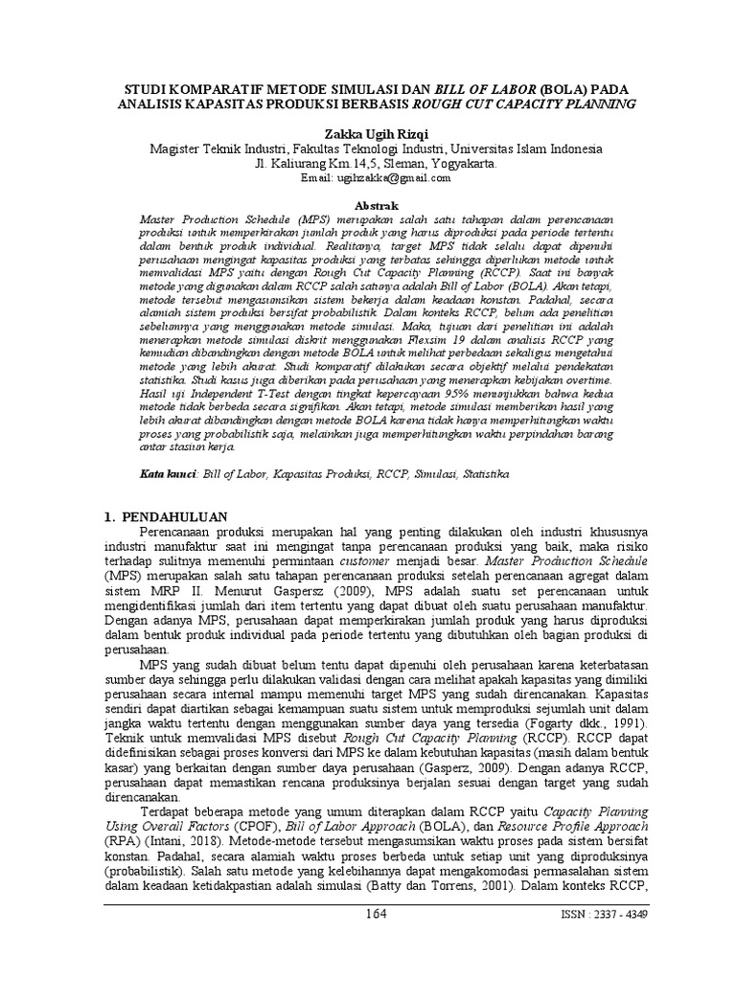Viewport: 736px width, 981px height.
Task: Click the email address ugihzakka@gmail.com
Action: (392, 178)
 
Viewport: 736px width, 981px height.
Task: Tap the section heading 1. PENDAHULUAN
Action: (172, 516)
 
